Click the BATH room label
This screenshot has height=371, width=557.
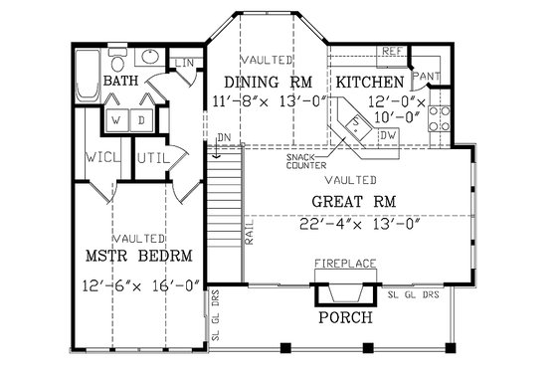tap(121, 81)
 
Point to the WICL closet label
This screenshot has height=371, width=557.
tap(99, 158)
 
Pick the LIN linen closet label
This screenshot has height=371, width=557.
tap(186, 64)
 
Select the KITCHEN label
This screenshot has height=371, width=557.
tap(369, 82)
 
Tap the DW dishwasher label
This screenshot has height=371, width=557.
tap(389, 134)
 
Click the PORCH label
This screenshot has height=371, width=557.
tap(344, 318)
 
